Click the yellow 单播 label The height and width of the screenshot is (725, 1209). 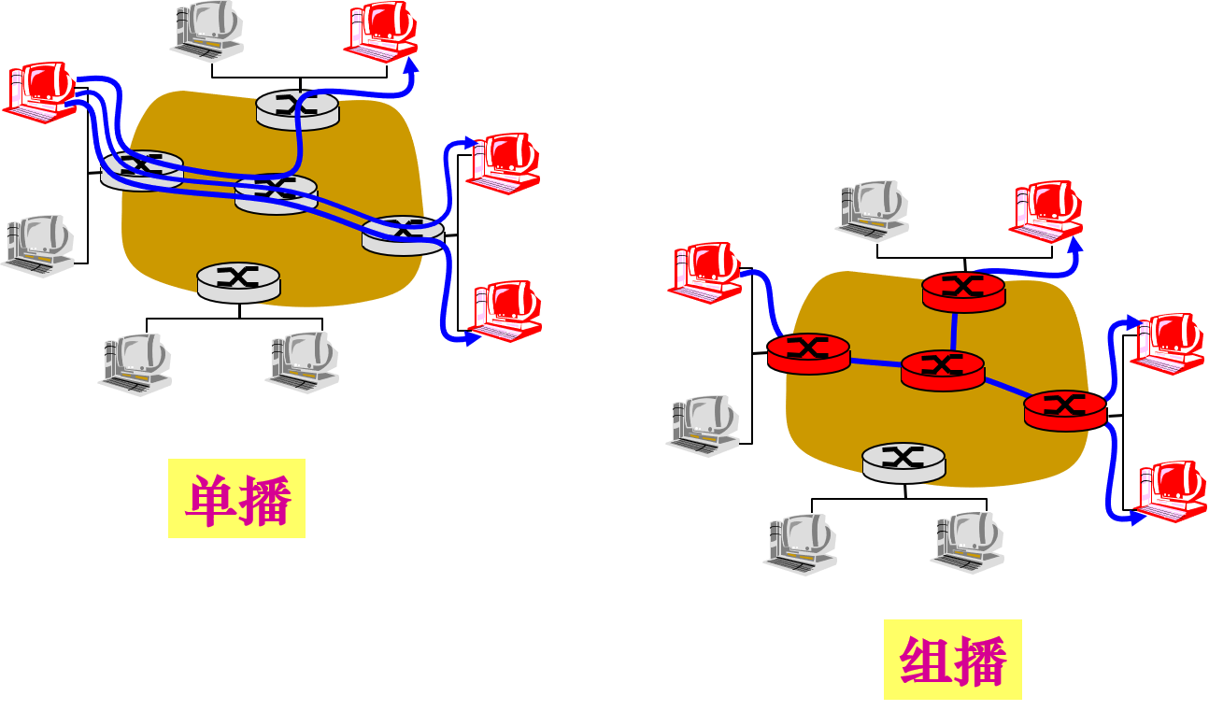pos(236,498)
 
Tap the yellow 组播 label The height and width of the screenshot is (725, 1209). pos(952,659)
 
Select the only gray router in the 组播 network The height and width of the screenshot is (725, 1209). pos(903,462)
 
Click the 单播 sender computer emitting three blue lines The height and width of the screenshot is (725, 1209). pos(41,91)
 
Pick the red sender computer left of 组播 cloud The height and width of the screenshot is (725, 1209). pos(704,272)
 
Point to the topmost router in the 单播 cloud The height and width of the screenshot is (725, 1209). pos(297,109)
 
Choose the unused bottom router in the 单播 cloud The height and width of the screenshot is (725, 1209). pos(238,280)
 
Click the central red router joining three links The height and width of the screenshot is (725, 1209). pos(943,370)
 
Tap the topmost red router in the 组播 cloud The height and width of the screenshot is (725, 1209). pos(963,291)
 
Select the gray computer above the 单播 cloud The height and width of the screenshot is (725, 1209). pos(208,31)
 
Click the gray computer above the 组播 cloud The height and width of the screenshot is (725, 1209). pos(873,210)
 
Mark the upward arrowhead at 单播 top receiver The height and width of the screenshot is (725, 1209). pos(410,66)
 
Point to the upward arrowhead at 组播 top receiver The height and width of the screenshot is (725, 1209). pos(1075,246)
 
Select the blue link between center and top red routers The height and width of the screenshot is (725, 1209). pos(955,331)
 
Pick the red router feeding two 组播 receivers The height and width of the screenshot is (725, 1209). pos(1065,409)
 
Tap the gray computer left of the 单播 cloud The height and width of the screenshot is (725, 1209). pos(38,246)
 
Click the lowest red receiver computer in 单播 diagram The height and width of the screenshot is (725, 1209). pos(506,310)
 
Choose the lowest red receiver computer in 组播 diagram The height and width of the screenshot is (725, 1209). pos(1171,490)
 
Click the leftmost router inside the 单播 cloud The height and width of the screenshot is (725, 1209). pos(142,169)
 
